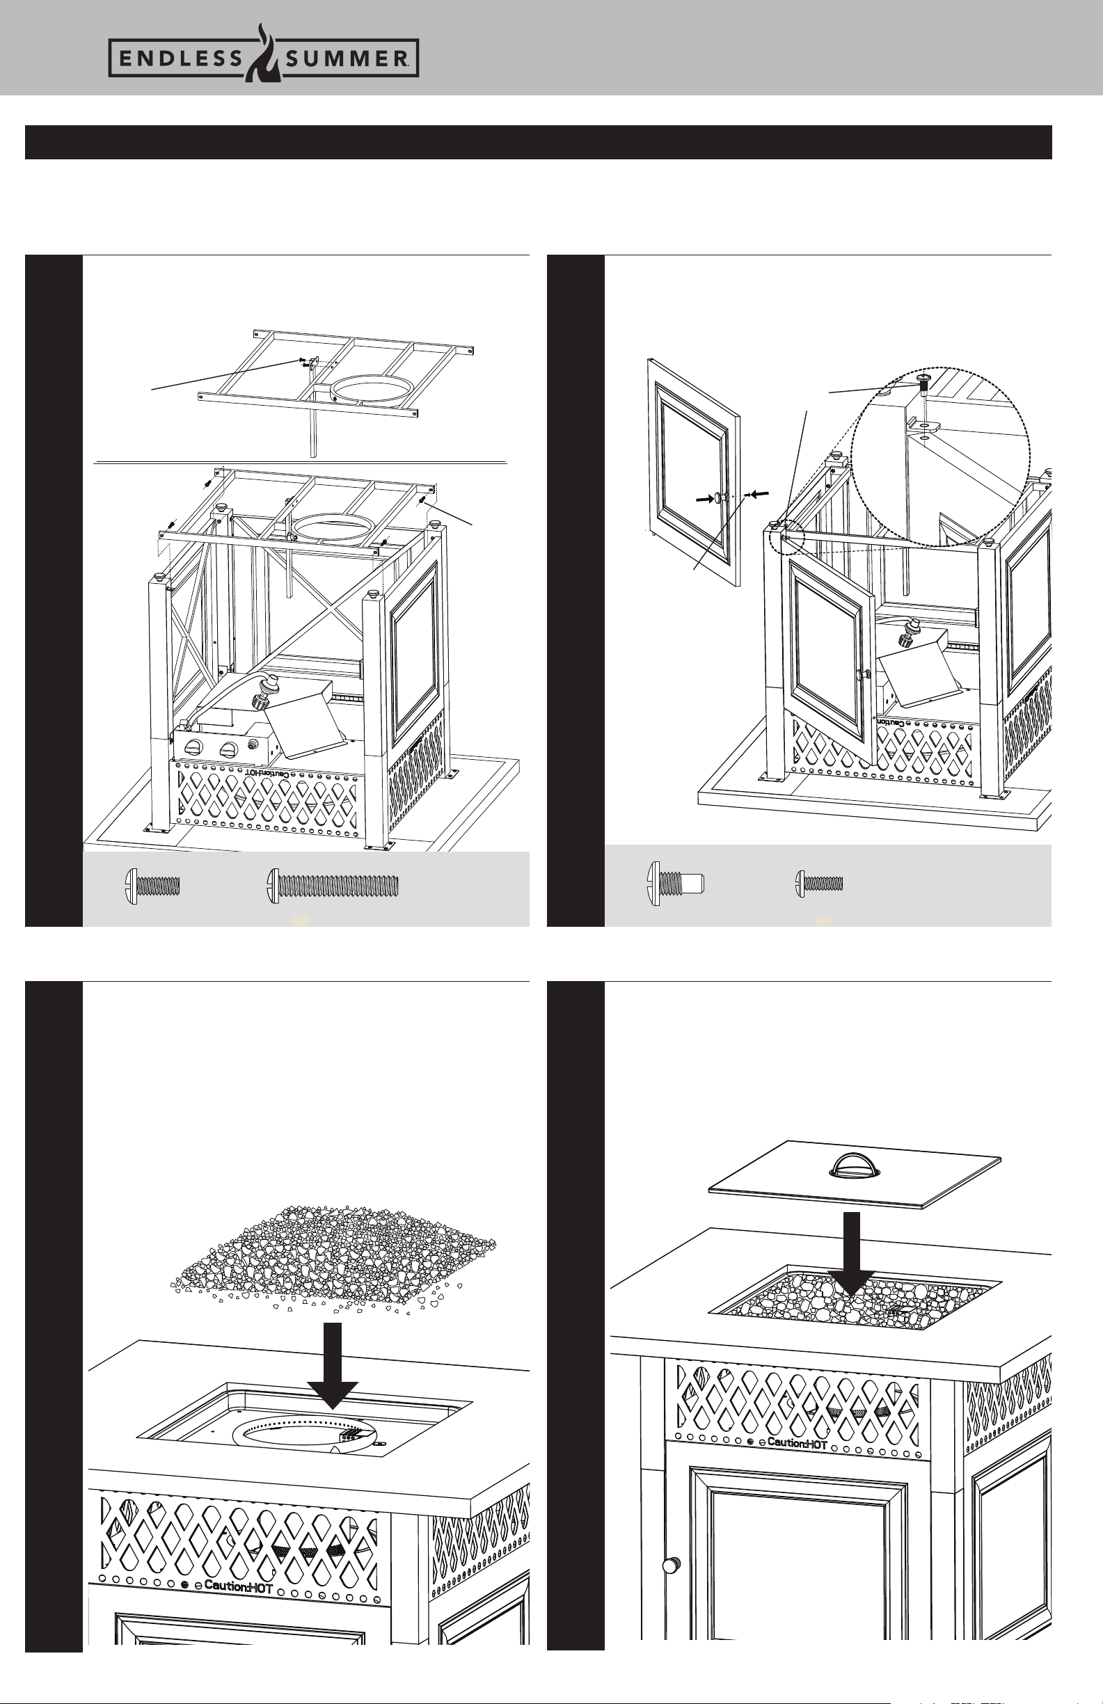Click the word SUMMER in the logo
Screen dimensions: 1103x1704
[347, 59]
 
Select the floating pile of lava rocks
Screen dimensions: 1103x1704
[334, 1259]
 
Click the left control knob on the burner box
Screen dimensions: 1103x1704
[193, 749]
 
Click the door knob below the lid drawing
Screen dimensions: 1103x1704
[669, 1586]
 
